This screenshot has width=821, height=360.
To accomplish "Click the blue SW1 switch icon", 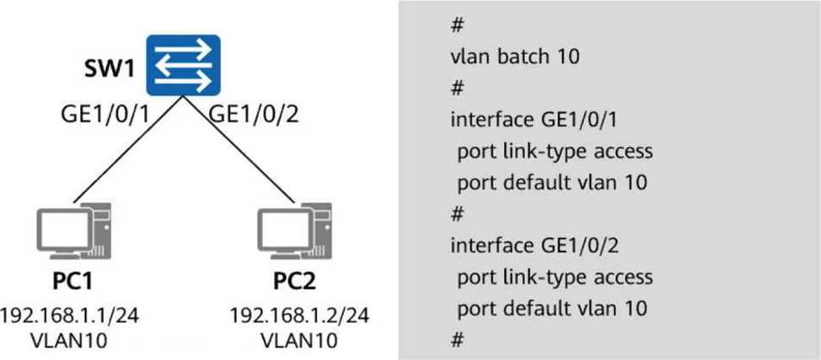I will click(183, 65).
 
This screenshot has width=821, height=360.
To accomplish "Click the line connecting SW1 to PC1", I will click(126, 152).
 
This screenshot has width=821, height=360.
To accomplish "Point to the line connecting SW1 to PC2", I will click(240, 152).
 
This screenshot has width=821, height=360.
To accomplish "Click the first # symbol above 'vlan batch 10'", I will click(457, 25).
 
